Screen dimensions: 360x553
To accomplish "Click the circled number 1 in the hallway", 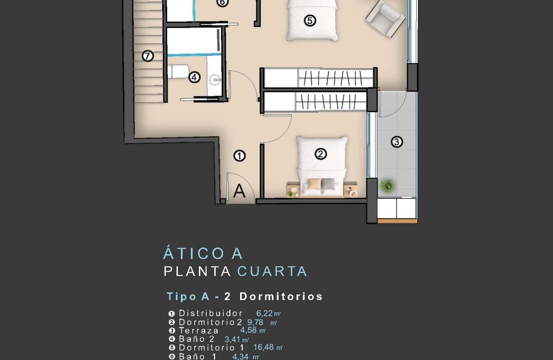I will (x=239, y=156).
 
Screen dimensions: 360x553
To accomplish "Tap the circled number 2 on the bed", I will (x=321, y=154).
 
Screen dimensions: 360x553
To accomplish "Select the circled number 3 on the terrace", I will (x=397, y=141).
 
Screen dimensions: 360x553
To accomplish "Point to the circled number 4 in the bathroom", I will (x=194, y=78).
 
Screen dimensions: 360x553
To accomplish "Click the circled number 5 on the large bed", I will (x=310, y=20).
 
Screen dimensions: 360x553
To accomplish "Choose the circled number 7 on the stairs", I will (x=147, y=56).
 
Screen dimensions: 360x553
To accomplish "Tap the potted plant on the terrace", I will (x=388, y=186).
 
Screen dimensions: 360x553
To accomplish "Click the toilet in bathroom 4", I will (x=178, y=72).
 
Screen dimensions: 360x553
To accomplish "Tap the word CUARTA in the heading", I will (x=272, y=271).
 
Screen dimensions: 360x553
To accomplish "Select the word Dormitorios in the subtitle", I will (x=281, y=296).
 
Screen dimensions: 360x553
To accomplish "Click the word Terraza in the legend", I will (x=198, y=330).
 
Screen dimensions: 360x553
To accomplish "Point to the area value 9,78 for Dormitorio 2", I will (x=255, y=322).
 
